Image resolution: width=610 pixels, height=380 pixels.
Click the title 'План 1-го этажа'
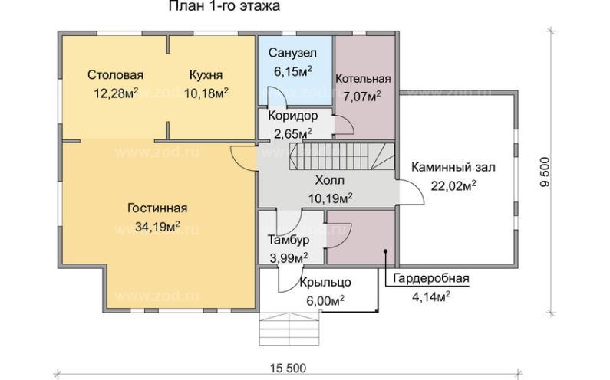click(x=223, y=7)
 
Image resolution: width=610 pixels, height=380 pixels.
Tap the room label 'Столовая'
click(x=116, y=75)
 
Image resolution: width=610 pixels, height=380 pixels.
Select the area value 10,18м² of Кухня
click(x=207, y=93)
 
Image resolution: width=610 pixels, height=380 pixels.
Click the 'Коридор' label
click(x=292, y=116)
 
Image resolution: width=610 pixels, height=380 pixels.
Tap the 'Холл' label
click(x=329, y=181)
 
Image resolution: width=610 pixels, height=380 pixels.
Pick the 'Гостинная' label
click(x=157, y=208)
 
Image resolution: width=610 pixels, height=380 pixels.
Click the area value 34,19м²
click(x=157, y=226)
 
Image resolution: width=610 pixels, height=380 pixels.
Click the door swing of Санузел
click(x=275, y=97)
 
